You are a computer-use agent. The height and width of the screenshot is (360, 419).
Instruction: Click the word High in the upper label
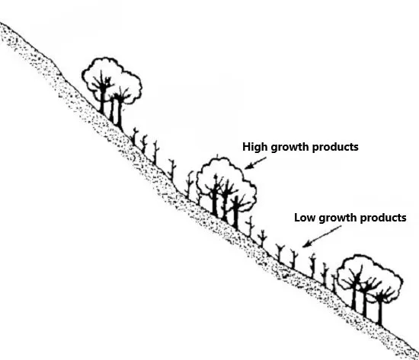pos(254,147)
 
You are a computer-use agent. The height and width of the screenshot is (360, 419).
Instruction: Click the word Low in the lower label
pos(305,218)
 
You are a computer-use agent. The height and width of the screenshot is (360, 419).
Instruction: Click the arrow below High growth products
pos(255,163)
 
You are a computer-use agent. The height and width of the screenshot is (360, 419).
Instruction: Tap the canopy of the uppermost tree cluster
pos(112,80)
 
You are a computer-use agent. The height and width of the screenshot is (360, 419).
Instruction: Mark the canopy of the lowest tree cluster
pos(370,278)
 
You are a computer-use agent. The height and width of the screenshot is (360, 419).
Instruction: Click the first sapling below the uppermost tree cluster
pos(134,136)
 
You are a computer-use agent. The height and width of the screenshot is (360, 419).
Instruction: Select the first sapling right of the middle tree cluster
pos(251,227)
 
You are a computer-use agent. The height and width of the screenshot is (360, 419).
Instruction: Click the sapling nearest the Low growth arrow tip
pos(294,260)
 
